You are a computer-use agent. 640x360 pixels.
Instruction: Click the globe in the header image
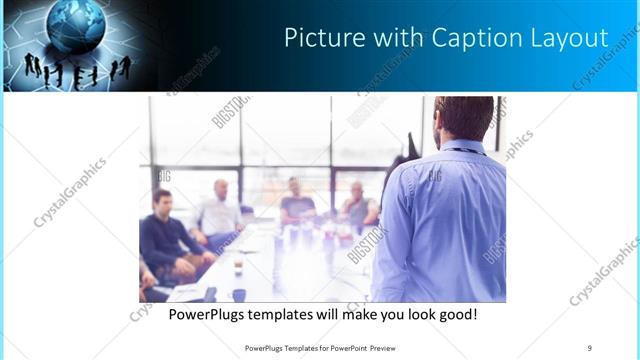click(75, 25)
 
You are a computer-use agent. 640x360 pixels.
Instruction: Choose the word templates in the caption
click(294, 314)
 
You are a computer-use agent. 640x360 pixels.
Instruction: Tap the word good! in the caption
click(458, 314)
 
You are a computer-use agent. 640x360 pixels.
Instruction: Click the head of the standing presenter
click(463, 118)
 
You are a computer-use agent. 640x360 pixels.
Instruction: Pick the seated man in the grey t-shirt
click(297, 205)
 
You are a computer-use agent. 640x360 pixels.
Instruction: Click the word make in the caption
click(368, 314)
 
